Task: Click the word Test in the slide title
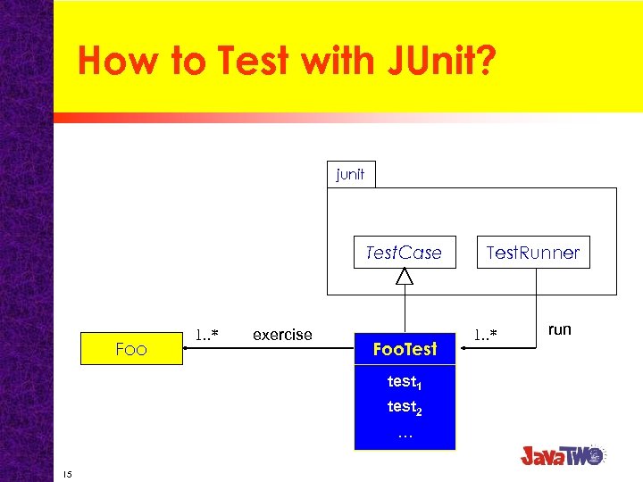pos(253,61)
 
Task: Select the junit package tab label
pos(350,174)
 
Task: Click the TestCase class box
pos(404,253)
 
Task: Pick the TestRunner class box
pos(532,253)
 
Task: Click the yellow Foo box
pos(131,349)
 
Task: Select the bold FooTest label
pos(405,349)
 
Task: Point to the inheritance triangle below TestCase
pos(405,277)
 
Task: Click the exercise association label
pos(282,335)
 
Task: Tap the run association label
pos(559,329)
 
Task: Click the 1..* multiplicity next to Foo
pos(207,335)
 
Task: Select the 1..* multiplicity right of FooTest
pos(485,335)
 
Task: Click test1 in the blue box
pos(404,382)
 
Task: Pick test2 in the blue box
pos(404,407)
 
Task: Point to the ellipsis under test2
pos(405,434)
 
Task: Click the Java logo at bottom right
pos(563,454)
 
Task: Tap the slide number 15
pos(67,472)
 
